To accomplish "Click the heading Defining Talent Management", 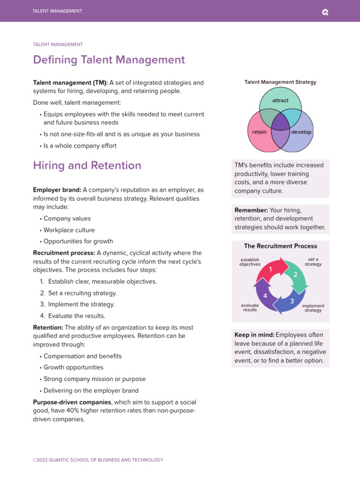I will click(109, 60).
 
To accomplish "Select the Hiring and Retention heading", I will click(87, 165).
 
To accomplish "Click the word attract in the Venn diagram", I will click(280, 101).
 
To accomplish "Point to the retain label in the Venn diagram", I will click(259, 132).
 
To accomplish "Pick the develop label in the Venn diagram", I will click(301, 132).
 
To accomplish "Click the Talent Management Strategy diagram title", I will click(280, 82).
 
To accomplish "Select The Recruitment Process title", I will click(280, 246).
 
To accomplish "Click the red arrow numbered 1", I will click(271, 269).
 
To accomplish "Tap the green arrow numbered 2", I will click(295, 275).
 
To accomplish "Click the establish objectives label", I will click(250, 262).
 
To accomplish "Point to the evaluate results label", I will click(250, 308).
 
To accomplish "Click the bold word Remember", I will click(251, 210).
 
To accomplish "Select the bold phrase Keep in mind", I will click(254, 335).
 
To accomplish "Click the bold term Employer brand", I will click(57, 190).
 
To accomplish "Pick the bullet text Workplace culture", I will click(69, 230).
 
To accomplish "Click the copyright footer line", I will click(98, 460).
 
